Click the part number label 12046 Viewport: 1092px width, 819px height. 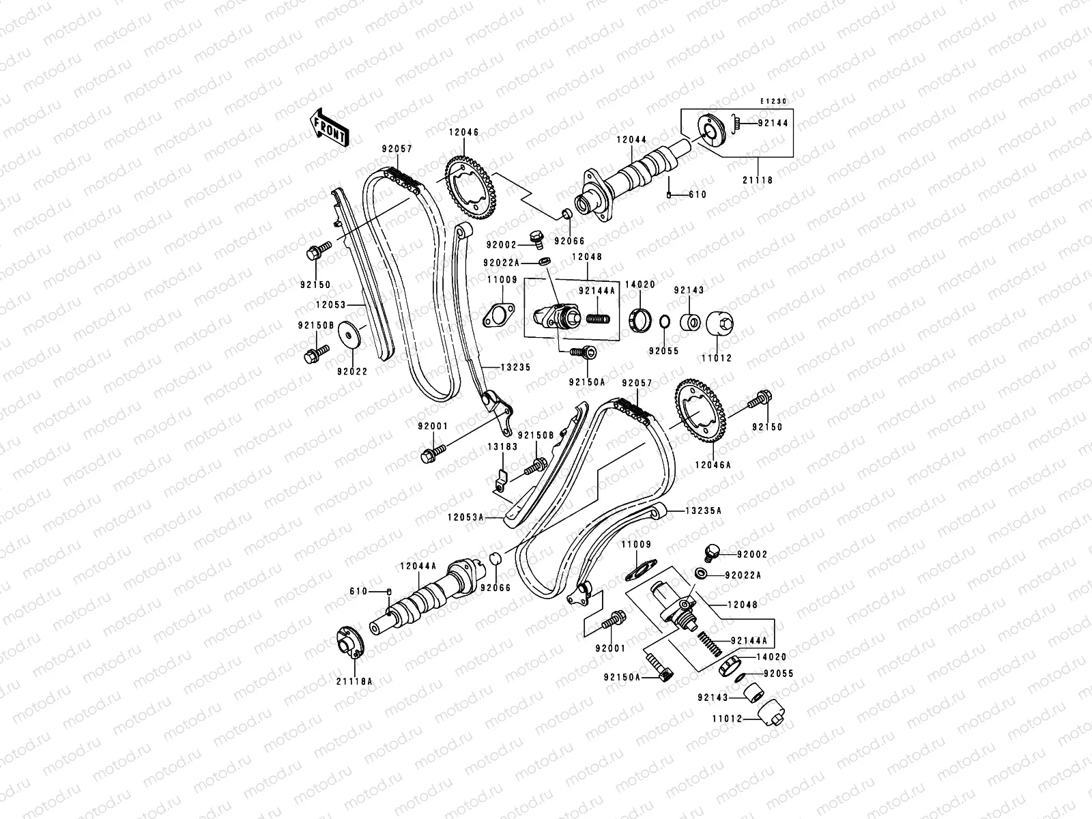pos(463,133)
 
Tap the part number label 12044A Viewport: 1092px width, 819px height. pos(417,565)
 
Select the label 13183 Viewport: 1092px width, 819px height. pos(502,446)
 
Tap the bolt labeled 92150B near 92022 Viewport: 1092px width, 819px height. pos(315,353)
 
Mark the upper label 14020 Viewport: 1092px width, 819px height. pos(640,285)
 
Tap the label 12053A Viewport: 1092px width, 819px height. pos(465,518)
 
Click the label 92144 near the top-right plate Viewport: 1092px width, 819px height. pos(772,124)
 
